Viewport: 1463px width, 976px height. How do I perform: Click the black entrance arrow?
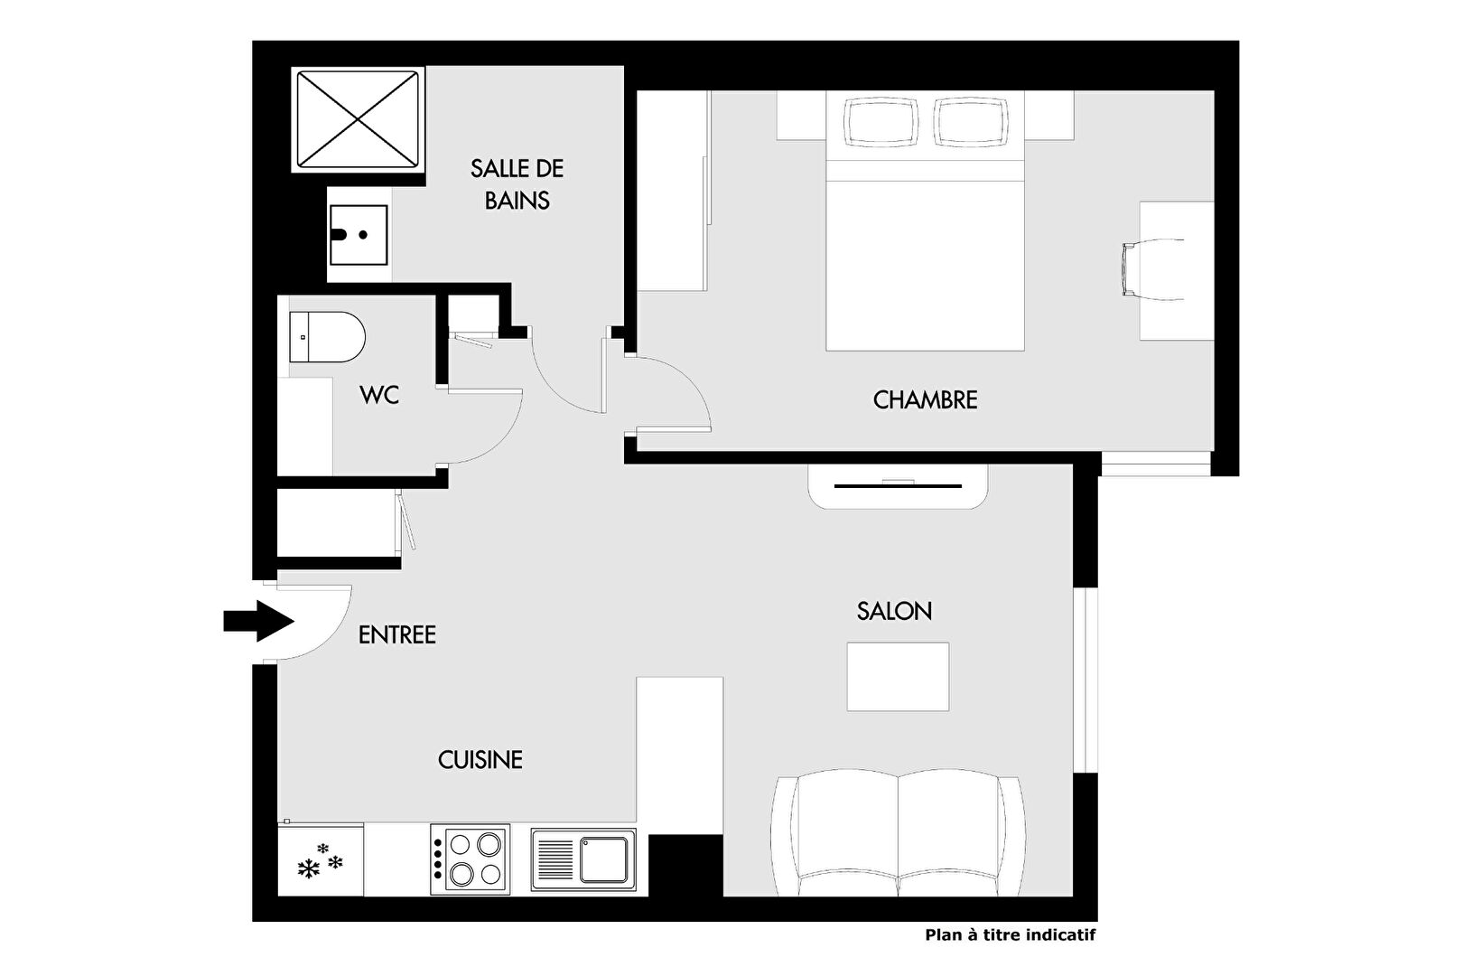[258, 620]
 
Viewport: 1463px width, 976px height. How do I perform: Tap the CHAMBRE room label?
[925, 400]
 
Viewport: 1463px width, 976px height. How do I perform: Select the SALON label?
[894, 611]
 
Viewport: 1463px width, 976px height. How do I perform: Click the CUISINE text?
[480, 760]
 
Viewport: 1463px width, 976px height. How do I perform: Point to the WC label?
[379, 395]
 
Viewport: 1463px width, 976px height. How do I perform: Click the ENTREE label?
[397, 634]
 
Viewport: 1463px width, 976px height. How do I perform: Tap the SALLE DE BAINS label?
[517, 184]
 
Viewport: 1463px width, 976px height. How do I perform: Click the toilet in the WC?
[327, 337]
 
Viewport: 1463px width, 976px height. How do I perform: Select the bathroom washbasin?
[359, 235]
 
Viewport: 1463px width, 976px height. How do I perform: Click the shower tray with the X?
[358, 119]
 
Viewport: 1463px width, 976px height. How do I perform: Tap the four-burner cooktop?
[471, 859]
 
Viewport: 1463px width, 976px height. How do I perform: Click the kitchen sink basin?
[605, 859]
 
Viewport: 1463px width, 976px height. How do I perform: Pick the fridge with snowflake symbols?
[321, 859]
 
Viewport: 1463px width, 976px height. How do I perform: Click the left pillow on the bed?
[881, 122]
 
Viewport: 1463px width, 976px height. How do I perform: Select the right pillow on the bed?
[971, 122]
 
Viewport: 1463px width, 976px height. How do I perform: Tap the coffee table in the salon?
[898, 677]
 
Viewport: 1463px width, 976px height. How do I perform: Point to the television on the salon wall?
[898, 485]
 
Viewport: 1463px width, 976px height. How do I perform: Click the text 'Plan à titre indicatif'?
[1011, 934]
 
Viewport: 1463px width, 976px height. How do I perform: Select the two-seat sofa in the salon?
[898, 833]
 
